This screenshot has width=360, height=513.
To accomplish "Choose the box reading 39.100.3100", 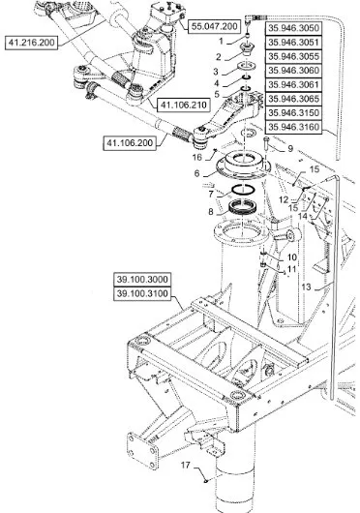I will pyautogui.click(x=143, y=291).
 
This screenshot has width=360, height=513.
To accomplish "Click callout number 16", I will pyautogui.click(x=196, y=155).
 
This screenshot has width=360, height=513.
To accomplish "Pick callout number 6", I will pyautogui.click(x=198, y=174).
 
